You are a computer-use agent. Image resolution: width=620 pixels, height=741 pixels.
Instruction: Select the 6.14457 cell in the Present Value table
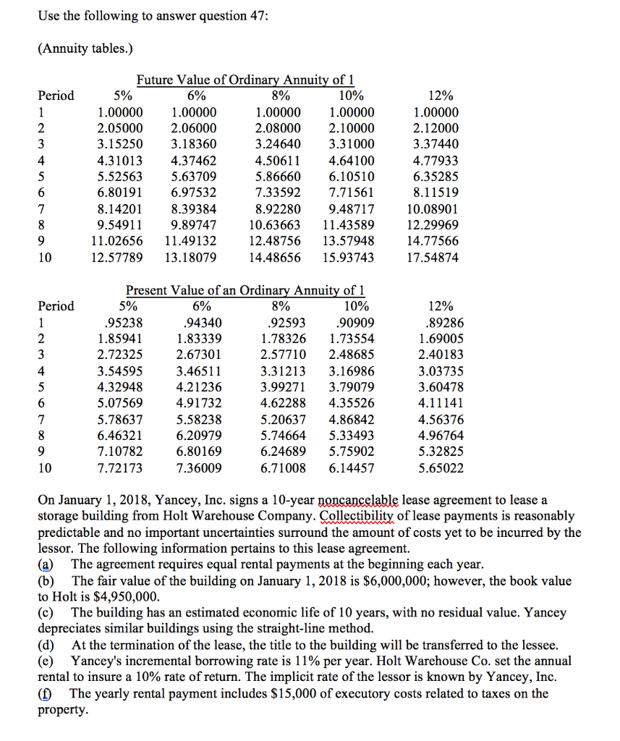click(351, 467)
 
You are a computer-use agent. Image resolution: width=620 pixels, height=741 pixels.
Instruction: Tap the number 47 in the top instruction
click(254, 17)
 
